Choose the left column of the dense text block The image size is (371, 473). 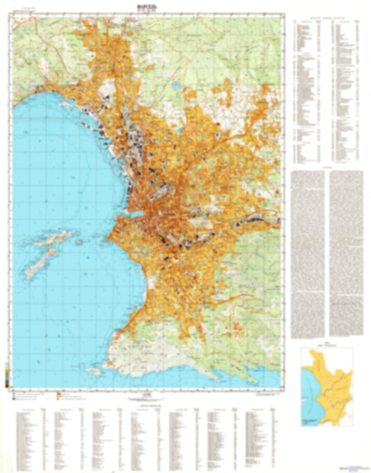tap(309, 251)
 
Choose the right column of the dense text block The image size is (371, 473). tap(345, 251)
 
